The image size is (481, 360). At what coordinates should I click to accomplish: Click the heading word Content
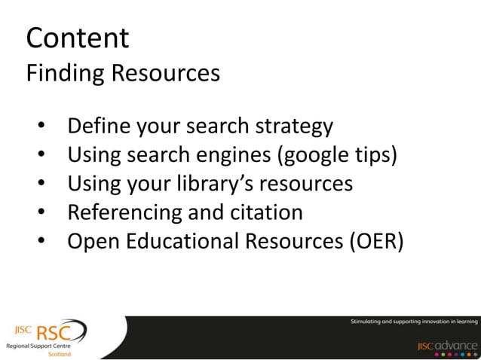(78, 38)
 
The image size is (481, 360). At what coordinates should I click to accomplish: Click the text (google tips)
(338, 155)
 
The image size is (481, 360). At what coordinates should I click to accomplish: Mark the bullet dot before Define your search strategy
(41, 127)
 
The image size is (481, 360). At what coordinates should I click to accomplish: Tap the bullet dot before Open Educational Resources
(41, 243)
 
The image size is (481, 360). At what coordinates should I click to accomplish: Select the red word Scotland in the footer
(60, 353)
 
